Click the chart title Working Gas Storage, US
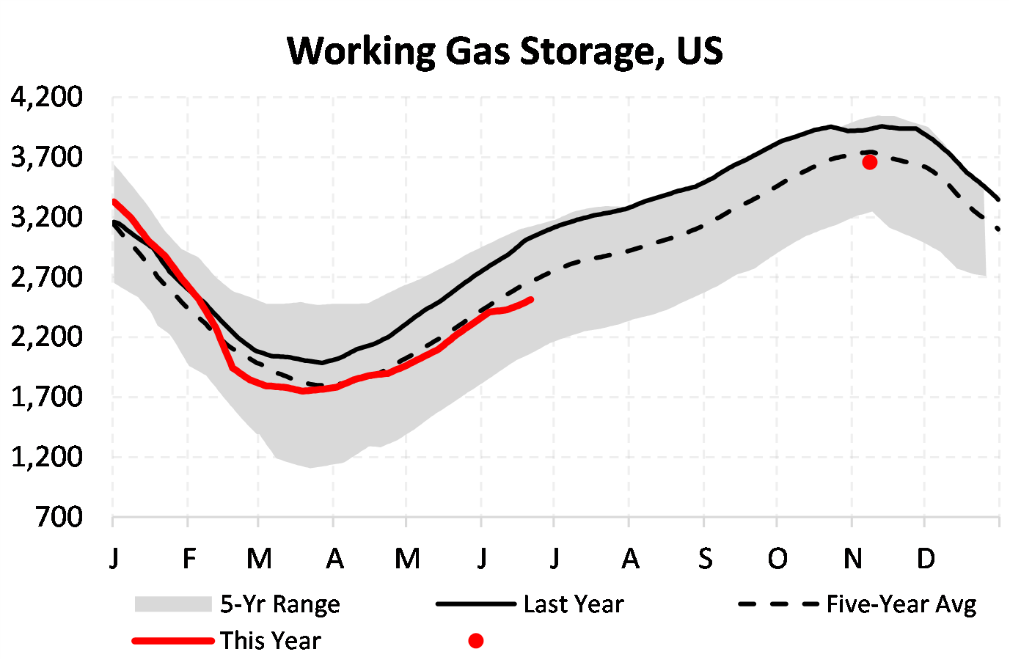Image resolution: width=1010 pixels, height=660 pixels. click(x=505, y=51)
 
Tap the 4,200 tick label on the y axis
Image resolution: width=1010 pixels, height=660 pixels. click(x=47, y=98)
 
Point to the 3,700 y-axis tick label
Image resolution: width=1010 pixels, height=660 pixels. click(x=47, y=158)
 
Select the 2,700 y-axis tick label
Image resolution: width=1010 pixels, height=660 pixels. click(x=47, y=278)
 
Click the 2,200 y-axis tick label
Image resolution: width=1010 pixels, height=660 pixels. click(x=47, y=337)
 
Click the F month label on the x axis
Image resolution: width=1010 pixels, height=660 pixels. click(x=189, y=560)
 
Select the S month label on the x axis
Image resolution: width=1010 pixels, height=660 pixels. click(x=705, y=560)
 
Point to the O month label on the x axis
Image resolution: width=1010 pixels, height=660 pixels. click(x=777, y=560)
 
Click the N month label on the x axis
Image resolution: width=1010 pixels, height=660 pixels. click(x=852, y=560)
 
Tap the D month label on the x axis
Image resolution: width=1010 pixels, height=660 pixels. click(x=926, y=560)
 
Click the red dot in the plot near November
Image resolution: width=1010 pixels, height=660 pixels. click(x=869, y=162)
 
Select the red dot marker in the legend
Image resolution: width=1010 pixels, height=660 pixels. click(x=476, y=641)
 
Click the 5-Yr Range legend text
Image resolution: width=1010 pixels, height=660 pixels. click(x=280, y=604)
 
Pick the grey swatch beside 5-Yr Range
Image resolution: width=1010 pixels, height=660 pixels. click(x=172, y=604)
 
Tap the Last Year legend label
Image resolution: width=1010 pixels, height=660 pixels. click(x=574, y=604)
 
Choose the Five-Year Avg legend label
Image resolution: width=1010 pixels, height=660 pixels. click(x=901, y=604)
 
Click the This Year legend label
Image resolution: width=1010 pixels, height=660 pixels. click(x=271, y=641)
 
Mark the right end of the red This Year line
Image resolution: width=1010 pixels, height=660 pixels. click(x=530, y=299)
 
